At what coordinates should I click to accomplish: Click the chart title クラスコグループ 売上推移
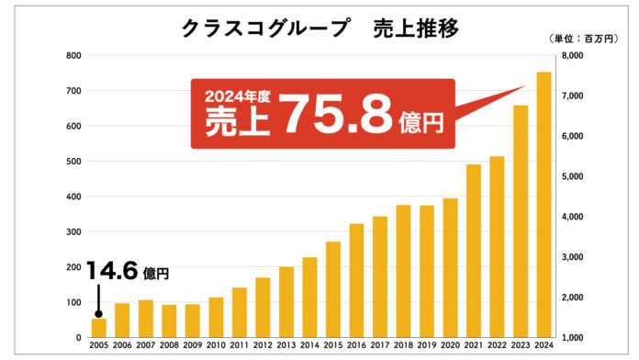coord(319,28)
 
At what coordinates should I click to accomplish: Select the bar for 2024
coord(544,205)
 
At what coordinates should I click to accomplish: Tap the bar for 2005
coord(98,328)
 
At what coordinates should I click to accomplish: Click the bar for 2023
coord(520,221)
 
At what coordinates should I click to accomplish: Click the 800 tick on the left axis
coord(73,56)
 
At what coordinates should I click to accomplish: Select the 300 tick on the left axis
coord(73,232)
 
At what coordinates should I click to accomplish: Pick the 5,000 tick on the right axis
coord(573,176)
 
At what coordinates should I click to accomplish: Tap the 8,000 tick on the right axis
coord(573,56)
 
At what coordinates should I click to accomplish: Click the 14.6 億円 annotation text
coord(129,271)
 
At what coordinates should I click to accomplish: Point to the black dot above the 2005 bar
coord(98,313)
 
